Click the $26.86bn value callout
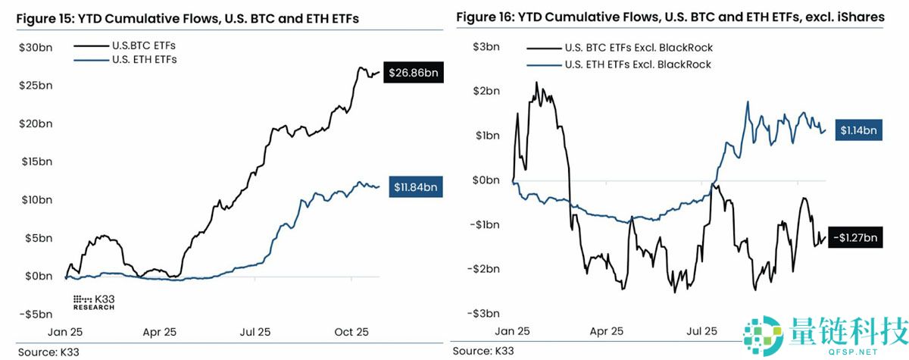click(412, 74)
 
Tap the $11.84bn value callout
click(416, 186)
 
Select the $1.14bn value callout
click(858, 130)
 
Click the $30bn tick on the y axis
click(36, 47)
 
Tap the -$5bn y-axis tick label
click(36, 314)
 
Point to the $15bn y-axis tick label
click(36, 161)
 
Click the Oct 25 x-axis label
click(351, 332)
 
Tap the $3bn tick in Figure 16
click(485, 47)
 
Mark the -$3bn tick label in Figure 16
click(483, 314)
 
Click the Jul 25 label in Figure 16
click(701, 331)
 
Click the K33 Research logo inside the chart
click(93, 302)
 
